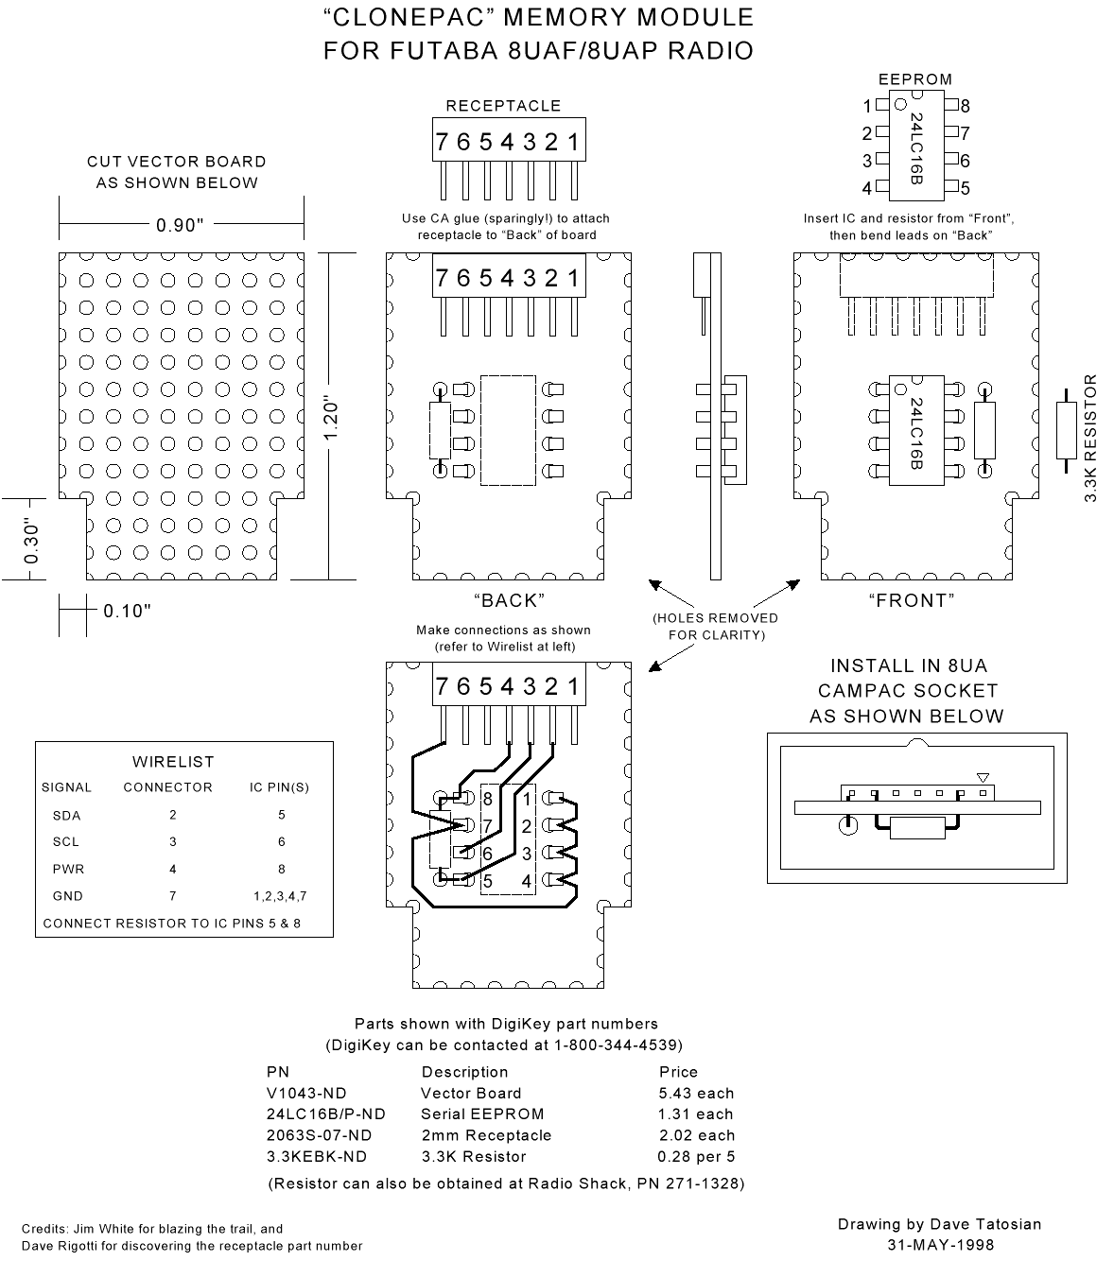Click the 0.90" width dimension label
pyautogui.click(x=180, y=225)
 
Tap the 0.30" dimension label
pyautogui.click(x=31, y=541)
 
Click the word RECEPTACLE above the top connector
pyautogui.click(x=503, y=106)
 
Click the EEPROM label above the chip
pyautogui.click(x=915, y=79)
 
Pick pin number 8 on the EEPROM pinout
pyautogui.click(x=965, y=106)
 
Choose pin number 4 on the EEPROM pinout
pyautogui.click(x=866, y=188)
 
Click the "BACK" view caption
pyautogui.click(x=509, y=600)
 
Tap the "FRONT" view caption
pyautogui.click(x=911, y=600)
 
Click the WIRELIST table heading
pyautogui.click(x=173, y=762)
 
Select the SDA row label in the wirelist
pyautogui.click(x=67, y=815)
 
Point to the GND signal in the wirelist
pyautogui.click(x=67, y=896)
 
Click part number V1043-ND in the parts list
pyautogui.click(x=306, y=1094)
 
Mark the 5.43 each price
pyautogui.click(x=696, y=1094)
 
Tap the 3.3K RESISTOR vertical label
pyautogui.click(x=1090, y=438)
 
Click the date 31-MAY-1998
pyautogui.click(x=940, y=1245)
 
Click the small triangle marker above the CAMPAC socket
pyautogui.click(x=983, y=778)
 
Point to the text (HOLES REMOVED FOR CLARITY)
pyautogui.click(x=716, y=626)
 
